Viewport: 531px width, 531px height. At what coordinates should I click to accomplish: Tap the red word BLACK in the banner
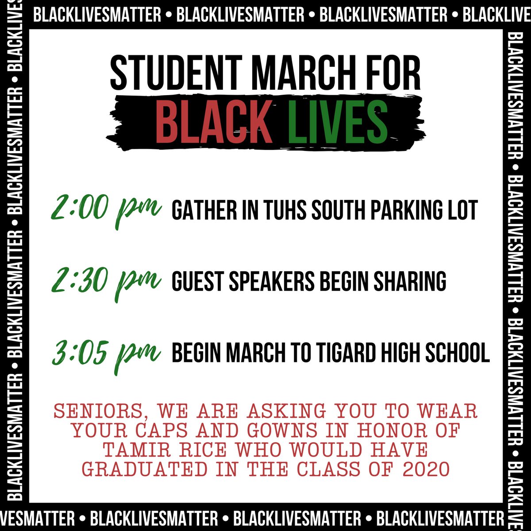tap(213, 120)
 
